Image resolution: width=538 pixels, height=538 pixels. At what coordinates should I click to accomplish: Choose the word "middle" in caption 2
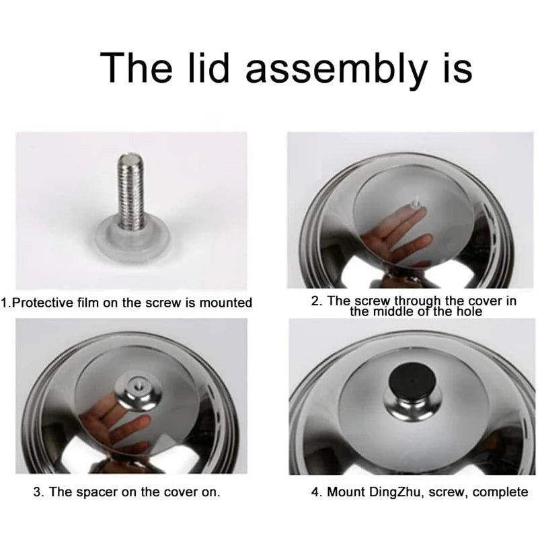(397, 311)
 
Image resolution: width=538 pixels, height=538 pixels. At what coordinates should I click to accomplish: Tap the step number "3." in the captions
(39, 492)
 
